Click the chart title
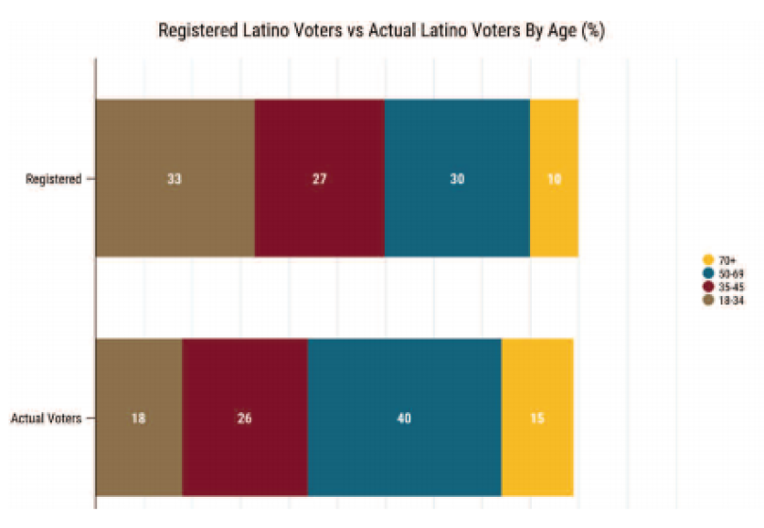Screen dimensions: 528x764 [381, 30]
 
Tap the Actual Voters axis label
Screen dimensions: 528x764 [46, 417]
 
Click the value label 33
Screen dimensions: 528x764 [174, 178]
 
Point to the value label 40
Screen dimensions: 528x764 [404, 418]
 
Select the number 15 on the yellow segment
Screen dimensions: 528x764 [537, 418]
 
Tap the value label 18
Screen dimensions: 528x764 [139, 418]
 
